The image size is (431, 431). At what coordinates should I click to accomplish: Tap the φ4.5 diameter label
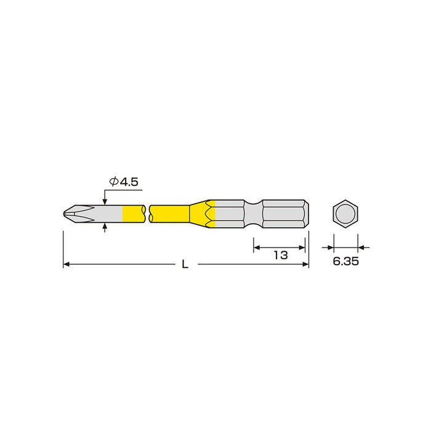click(x=125, y=182)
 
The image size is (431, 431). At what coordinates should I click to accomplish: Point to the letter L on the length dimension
click(x=185, y=265)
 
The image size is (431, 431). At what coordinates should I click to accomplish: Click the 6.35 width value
click(x=346, y=261)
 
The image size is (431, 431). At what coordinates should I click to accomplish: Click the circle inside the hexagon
click(x=345, y=214)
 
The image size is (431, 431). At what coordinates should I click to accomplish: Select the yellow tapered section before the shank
click(x=199, y=214)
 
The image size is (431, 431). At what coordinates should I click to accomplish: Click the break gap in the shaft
click(x=148, y=214)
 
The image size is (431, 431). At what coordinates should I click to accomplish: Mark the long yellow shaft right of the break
click(x=170, y=214)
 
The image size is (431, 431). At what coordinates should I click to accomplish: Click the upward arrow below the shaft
click(x=105, y=227)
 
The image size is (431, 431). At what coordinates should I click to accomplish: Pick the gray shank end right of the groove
click(x=283, y=214)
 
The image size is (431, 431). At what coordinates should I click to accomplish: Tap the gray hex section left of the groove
click(x=231, y=214)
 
